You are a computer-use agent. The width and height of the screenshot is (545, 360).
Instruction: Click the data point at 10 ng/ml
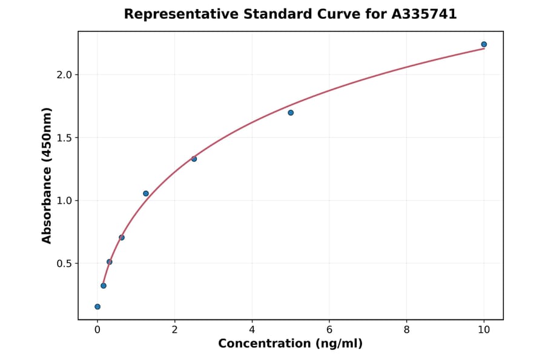pyautogui.click(x=484, y=44)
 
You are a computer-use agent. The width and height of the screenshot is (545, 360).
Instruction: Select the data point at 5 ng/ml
pyautogui.click(x=291, y=113)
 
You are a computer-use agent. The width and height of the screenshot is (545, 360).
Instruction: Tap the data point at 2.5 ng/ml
pyautogui.click(x=194, y=159)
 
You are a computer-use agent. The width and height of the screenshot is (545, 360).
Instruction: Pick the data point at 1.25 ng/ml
pyautogui.click(x=146, y=193)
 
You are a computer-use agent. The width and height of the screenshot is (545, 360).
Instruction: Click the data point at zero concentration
pyautogui.click(x=97, y=307)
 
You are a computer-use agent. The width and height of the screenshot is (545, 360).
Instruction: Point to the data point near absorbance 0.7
pyautogui.click(x=122, y=238)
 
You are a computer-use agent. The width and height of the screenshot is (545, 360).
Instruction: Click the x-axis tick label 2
pyautogui.click(x=174, y=330)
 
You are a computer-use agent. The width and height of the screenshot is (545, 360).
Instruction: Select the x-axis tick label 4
pyautogui.click(x=252, y=330)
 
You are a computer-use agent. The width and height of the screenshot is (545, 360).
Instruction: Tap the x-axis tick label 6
pyautogui.click(x=329, y=330)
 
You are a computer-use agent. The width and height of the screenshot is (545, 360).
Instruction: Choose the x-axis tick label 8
pyautogui.click(x=406, y=330)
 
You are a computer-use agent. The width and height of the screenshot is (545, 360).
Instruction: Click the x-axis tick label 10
pyautogui.click(x=484, y=330)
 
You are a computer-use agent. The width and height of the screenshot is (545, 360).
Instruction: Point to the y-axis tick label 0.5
pyautogui.click(x=64, y=264)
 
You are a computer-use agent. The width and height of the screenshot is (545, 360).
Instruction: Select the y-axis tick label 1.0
pyautogui.click(x=64, y=201)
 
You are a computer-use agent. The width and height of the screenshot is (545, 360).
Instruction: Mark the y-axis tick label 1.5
pyautogui.click(x=64, y=138)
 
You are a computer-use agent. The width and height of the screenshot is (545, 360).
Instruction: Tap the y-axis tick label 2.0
pyautogui.click(x=64, y=75)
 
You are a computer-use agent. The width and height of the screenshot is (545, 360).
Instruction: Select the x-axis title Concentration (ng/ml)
pyautogui.click(x=290, y=344)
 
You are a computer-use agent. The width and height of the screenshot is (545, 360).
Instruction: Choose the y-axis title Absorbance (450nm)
pyautogui.click(x=47, y=175)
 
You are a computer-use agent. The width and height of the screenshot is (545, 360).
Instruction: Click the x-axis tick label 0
pyautogui.click(x=97, y=330)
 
